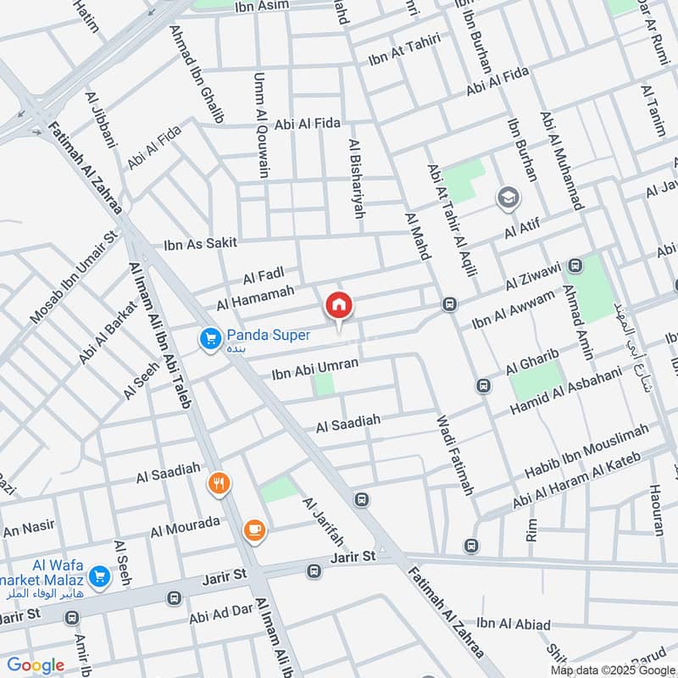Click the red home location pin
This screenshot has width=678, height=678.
pyautogui.click(x=339, y=306)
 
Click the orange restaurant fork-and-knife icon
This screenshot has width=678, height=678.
pyautogui.click(x=220, y=484)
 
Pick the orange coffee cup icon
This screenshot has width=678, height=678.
pyautogui.click(x=253, y=531)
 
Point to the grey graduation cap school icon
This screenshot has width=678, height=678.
pyautogui.click(x=508, y=198)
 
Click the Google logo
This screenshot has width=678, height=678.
pyautogui.click(x=36, y=665)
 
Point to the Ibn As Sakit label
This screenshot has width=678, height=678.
pyautogui.click(x=198, y=246)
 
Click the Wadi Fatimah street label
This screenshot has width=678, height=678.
pyautogui.click(x=455, y=455)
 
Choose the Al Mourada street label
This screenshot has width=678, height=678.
pyautogui.click(x=185, y=527)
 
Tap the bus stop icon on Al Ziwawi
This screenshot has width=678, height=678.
pyautogui.click(x=576, y=265)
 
